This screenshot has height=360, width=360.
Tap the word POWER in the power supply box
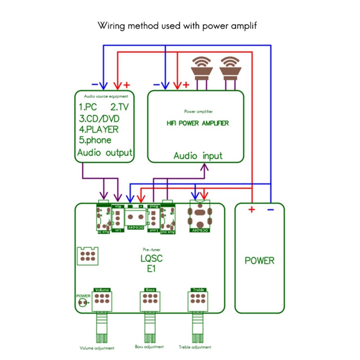pos(259,260)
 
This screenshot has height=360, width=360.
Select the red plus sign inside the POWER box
pos(251,209)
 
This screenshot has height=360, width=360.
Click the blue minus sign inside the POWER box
pos(271,209)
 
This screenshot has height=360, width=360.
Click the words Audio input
pos(198,156)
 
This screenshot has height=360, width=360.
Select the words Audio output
pos(105,152)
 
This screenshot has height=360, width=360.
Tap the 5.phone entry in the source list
pos(95,140)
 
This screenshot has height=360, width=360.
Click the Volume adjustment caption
pos(97,348)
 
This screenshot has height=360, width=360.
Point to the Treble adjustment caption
pos(194,347)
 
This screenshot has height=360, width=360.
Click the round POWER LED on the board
pos(82,302)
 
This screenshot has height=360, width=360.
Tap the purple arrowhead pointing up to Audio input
pos(205,167)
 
